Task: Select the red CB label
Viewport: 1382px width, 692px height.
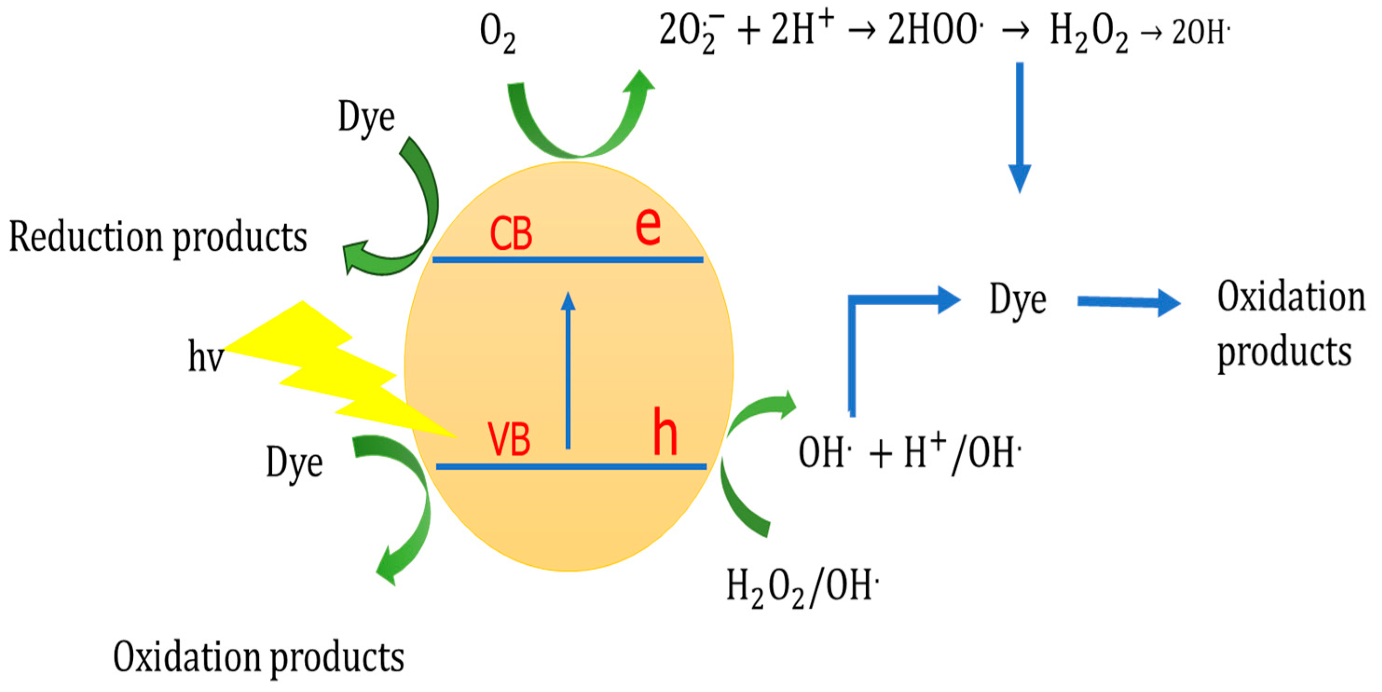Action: (511, 234)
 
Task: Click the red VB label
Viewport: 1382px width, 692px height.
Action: (509, 439)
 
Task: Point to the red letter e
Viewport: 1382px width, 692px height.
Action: (648, 226)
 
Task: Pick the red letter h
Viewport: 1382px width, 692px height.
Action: (665, 432)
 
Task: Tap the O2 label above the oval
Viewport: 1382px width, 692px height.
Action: (497, 33)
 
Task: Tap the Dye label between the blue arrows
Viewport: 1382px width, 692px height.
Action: (1018, 299)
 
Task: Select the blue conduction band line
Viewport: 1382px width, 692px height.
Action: (568, 260)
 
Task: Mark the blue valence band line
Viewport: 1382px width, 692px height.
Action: (571, 466)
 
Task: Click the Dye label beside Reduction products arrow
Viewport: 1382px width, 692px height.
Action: (366, 117)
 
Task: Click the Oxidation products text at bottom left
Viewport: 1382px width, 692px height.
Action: (259, 657)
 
